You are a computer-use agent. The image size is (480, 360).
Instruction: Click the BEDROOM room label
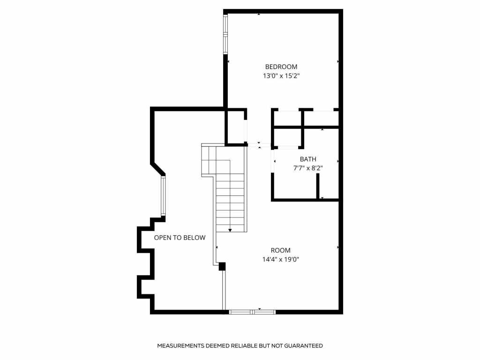[281, 67]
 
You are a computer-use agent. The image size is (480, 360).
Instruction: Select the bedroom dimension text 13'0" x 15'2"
[281, 75]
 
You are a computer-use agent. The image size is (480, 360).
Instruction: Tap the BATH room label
[308, 159]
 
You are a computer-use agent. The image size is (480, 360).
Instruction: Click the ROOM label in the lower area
[280, 250]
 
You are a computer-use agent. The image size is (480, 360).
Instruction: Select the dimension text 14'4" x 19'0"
[280, 259]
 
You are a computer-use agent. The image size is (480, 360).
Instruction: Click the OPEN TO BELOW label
[180, 238]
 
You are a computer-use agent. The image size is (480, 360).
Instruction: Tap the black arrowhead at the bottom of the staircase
[230, 230]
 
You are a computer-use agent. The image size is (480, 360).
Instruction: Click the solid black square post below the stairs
[222, 266]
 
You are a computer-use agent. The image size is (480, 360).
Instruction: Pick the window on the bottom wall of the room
[252, 311]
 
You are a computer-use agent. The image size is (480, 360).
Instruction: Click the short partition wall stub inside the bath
[318, 186]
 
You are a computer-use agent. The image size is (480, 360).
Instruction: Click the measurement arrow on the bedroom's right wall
[338, 61]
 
